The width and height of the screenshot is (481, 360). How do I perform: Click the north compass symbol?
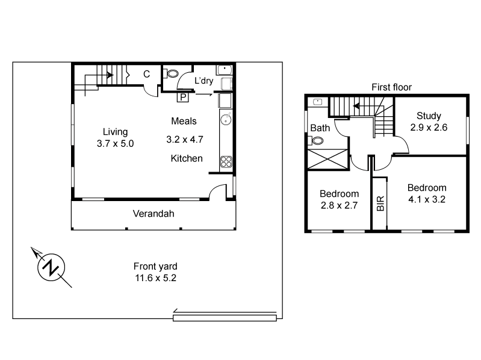51,266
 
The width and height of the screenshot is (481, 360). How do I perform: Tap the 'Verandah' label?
153,214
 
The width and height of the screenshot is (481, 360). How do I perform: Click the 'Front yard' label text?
155,266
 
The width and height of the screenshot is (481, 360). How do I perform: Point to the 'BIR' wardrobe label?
380,203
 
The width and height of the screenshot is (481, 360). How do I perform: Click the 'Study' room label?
425,116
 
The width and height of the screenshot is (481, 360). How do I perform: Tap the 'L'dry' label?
203,81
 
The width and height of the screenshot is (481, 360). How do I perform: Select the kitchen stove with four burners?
227,161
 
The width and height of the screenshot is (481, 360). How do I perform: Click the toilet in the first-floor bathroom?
317,141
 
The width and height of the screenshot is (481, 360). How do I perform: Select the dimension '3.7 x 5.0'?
114,144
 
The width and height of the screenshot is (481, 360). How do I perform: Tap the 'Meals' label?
184,121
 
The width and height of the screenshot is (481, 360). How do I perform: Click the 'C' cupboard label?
146,74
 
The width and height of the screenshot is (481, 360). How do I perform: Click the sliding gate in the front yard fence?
225,315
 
